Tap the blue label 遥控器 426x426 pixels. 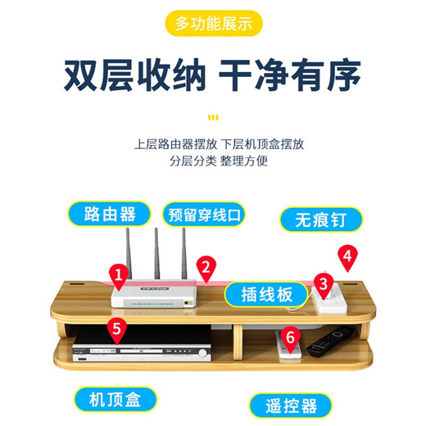pyautogui.click(x=291, y=404)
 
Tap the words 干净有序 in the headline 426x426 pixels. pyautogui.click(x=290, y=78)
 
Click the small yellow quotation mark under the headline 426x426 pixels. pyautogui.click(x=213, y=116)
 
